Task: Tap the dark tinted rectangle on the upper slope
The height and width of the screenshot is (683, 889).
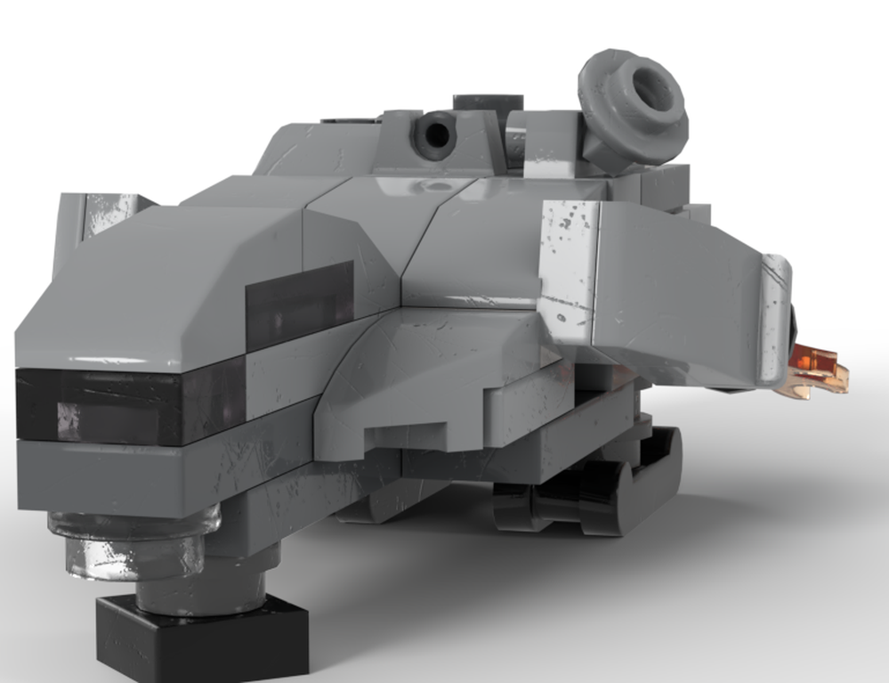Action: point(298,307)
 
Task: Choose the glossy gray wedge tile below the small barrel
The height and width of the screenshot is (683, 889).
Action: point(427,191)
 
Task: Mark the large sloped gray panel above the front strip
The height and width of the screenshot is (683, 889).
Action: point(151,294)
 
